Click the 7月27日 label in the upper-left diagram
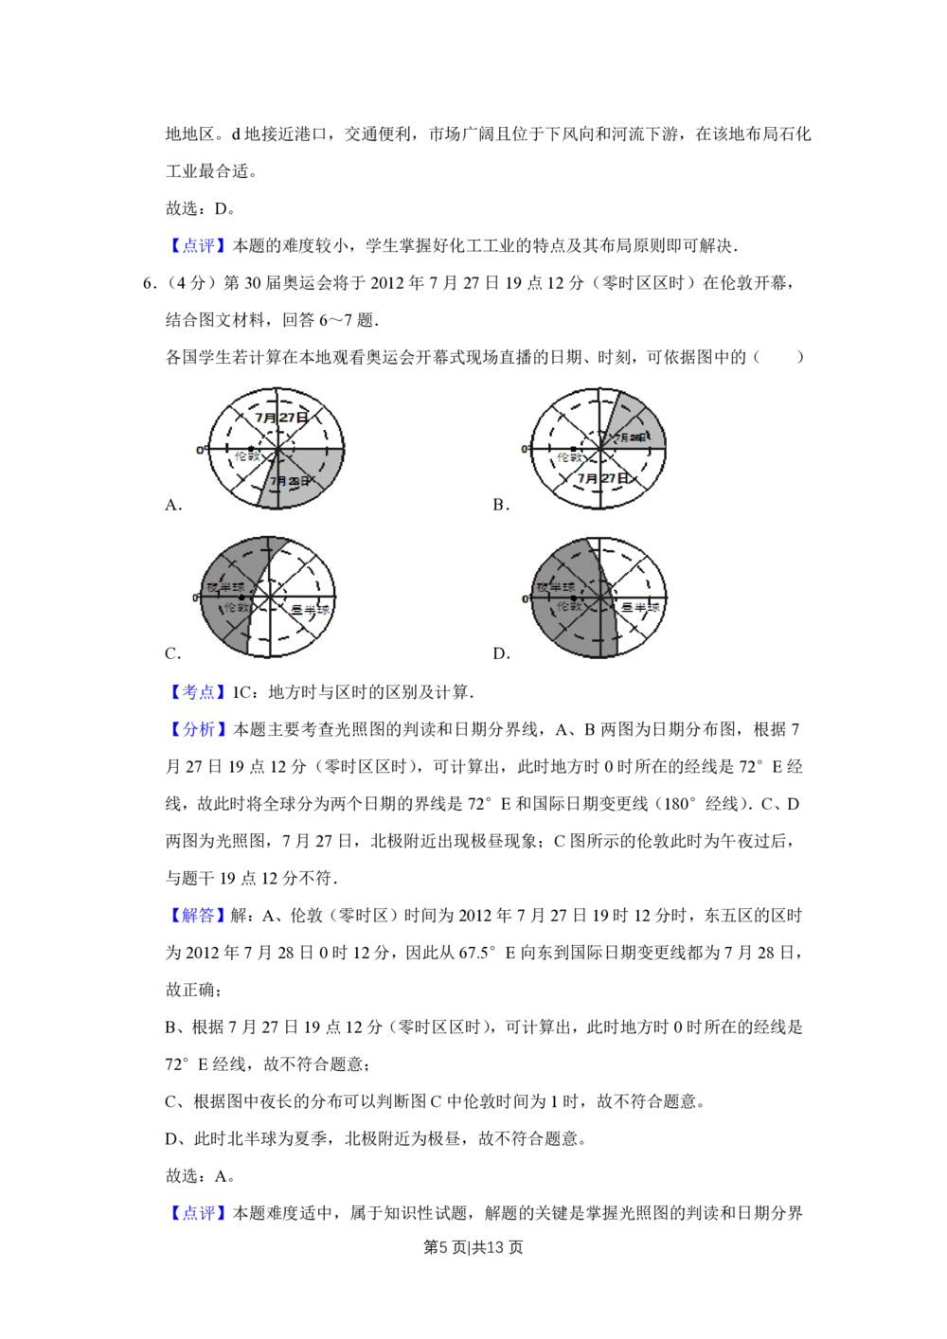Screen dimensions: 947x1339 281,417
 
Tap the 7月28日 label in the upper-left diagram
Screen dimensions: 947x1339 289,481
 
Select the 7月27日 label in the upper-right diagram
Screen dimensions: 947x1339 603,478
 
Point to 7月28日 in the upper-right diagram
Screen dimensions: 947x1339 631,437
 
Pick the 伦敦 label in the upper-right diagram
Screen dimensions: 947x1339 570,457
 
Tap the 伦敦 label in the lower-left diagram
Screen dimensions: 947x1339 237,607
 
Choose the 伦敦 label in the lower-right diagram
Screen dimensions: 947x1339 568,606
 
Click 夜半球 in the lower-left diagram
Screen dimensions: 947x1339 225,587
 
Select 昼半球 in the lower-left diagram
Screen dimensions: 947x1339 309,610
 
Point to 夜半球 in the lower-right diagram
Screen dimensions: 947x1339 555,587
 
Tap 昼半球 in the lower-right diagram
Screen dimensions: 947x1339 640,607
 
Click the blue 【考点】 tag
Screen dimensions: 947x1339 197,693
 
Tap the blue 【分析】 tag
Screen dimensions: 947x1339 197,730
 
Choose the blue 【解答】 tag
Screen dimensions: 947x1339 197,915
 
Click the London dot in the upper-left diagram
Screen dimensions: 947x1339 250,448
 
